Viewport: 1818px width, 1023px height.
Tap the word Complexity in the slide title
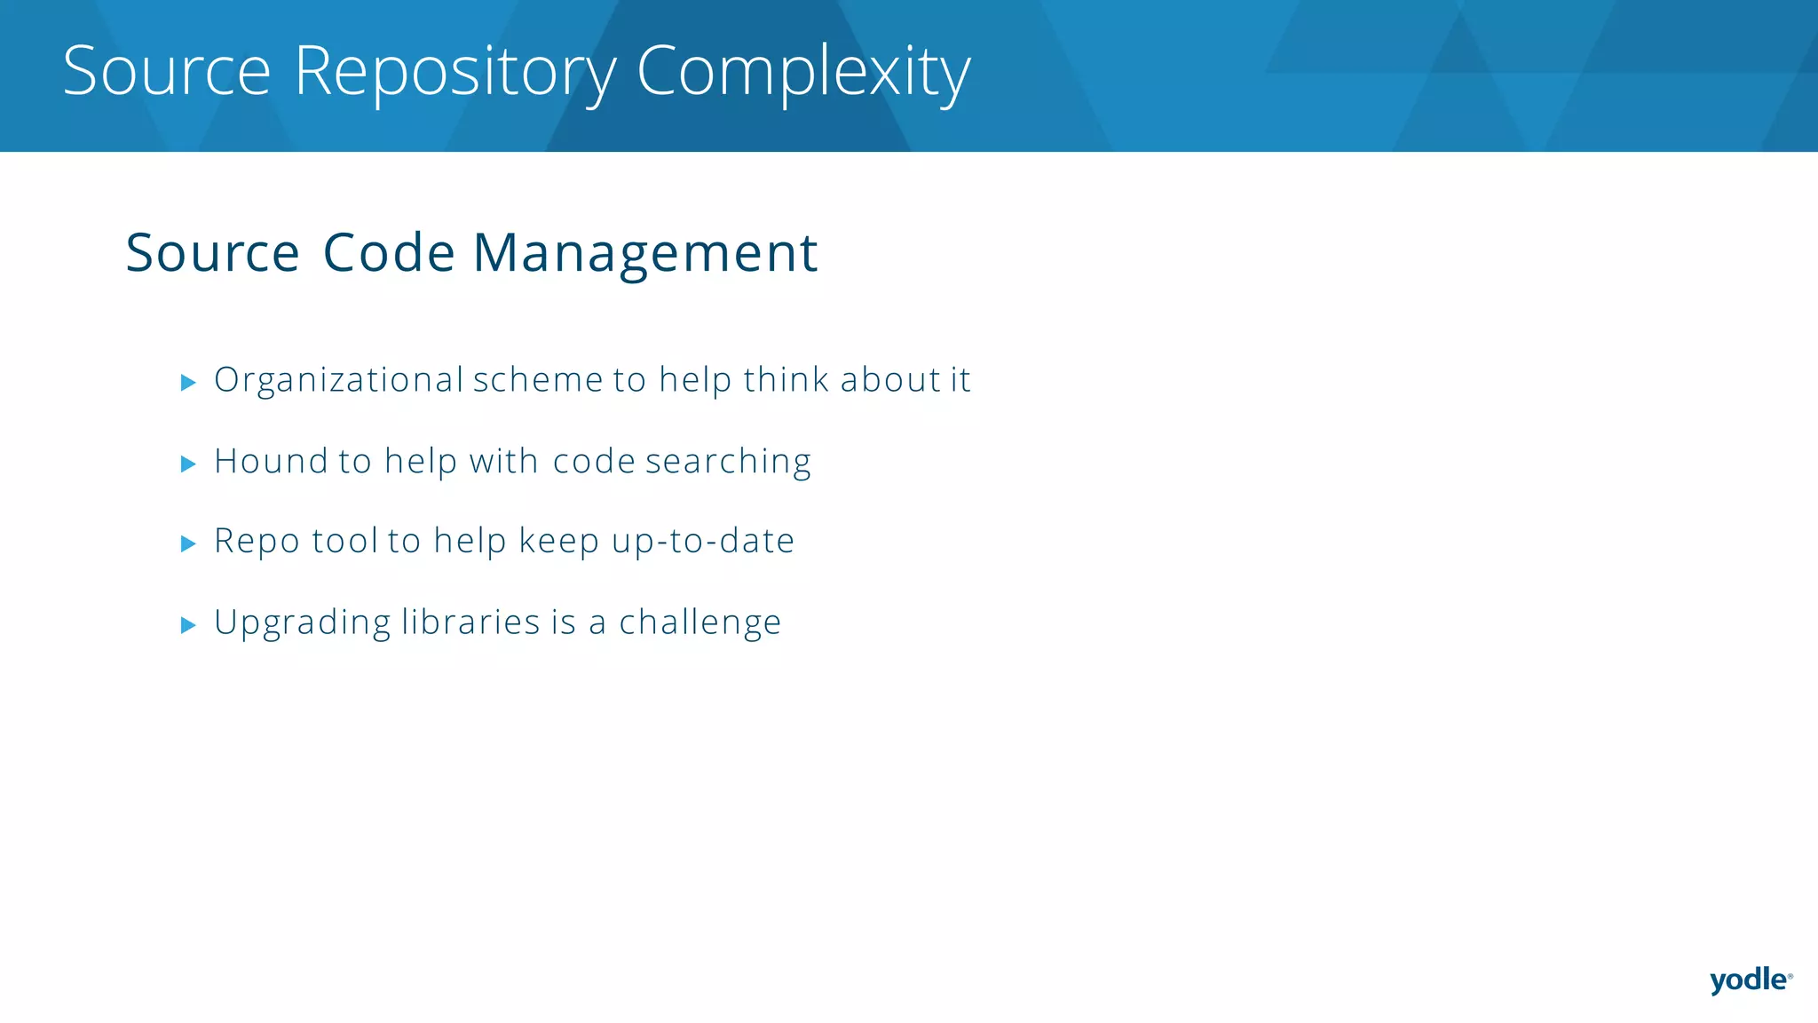coord(803,73)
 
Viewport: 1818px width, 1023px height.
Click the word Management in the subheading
coord(644,253)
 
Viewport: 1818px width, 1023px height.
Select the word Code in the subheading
coord(389,253)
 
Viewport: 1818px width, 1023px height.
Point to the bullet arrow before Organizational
coord(188,383)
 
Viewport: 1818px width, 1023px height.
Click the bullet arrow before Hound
coord(188,464)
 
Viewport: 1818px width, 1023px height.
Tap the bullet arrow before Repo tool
coord(188,543)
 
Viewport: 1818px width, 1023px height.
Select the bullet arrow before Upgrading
coord(188,625)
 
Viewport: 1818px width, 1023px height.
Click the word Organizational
coord(339,381)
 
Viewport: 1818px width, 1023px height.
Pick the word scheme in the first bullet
coord(538,380)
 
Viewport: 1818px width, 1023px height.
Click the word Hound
coord(271,462)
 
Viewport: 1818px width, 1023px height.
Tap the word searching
coord(728,463)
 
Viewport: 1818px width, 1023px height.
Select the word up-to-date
coord(703,541)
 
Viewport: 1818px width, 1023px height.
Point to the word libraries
coord(470,622)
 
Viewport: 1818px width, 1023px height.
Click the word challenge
coord(700,623)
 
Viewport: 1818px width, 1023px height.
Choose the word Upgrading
coord(302,623)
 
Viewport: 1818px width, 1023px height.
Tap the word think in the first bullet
coord(786,380)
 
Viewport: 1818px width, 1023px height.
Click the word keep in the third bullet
coord(558,542)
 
